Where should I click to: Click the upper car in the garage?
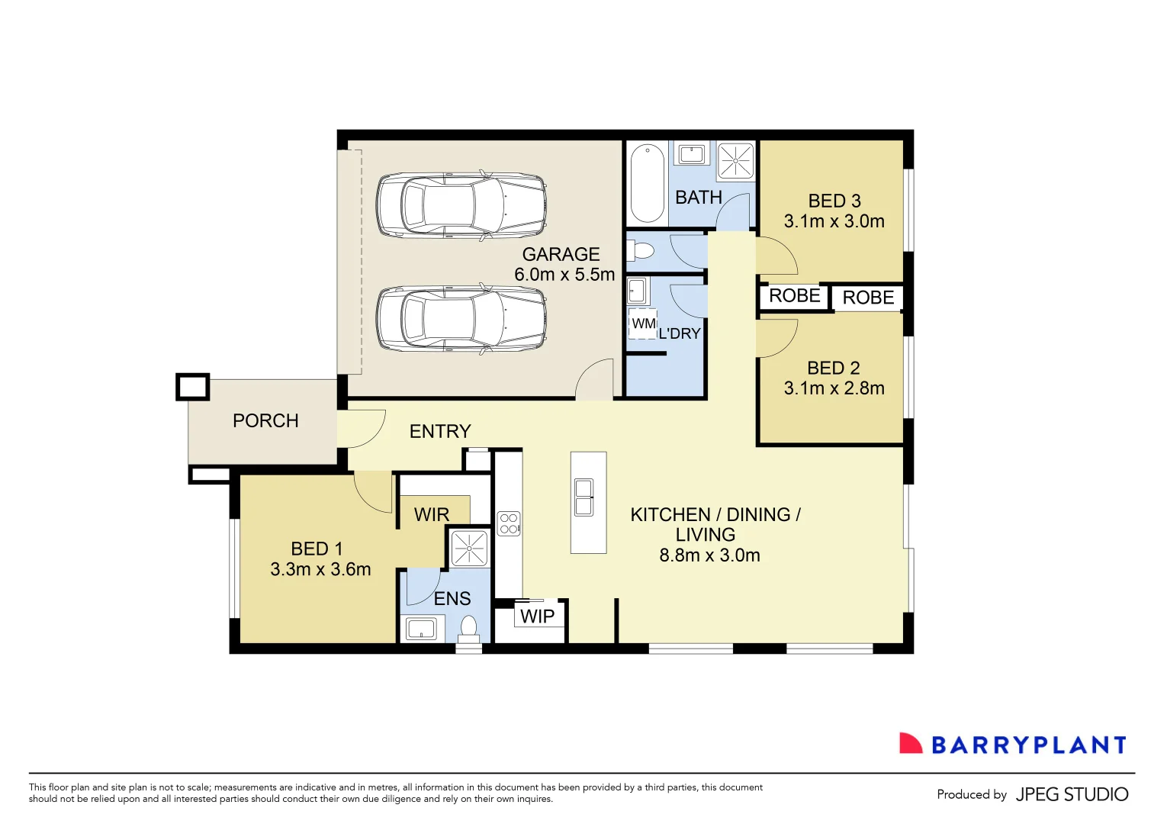coord(461,205)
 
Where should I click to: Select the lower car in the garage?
coord(461,320)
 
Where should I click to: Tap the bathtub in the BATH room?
coord(648,183)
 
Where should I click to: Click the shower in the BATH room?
coord(736,160)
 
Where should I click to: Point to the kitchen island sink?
coord(584,497)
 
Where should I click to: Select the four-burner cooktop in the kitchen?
coord(509,523)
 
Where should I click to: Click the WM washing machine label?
coord(643,323)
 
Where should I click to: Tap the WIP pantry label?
coord(537,616)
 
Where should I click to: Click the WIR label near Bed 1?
coord(432,515)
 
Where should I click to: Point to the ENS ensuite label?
coord(452,599)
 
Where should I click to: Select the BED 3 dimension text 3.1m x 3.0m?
coord(834,221)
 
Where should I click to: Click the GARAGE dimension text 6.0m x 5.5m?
coord(564,275)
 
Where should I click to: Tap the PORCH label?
coord(265,421)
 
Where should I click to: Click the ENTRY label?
coord(440,432)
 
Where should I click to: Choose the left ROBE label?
coord(794,296)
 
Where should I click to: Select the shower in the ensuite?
coord(469,548)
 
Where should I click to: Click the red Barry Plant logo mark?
coord(910,744)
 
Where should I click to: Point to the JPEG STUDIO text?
coord(1072,794)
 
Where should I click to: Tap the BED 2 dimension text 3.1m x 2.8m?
coord(834,388)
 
